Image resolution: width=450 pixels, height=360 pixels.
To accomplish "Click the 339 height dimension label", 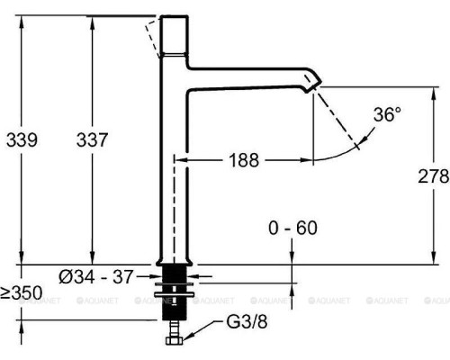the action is [x=22, y=139].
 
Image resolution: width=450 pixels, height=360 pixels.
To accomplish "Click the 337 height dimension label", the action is [x=92, y=139].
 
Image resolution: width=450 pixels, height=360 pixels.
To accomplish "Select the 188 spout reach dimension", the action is [x=244, y=160].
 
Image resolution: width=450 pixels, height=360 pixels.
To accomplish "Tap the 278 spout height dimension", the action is [x=434, y=176].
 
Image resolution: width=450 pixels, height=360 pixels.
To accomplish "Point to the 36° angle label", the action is [x=387, y=114].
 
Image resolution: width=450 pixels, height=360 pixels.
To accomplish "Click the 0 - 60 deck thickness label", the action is [x=292, y=228].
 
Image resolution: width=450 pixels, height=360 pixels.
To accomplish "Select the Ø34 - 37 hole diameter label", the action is [x=95, y=276].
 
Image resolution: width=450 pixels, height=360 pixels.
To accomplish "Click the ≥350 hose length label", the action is [x=22, y=292].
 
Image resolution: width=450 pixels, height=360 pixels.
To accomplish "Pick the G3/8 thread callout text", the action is [x=247, y=322].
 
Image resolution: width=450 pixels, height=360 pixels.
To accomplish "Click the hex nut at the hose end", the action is [x=175, y=340].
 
